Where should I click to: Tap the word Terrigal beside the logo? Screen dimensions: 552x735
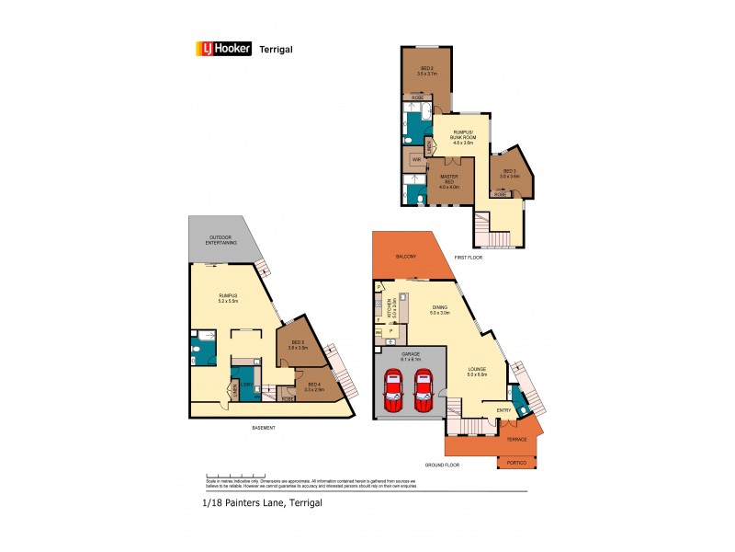tap(277, 50)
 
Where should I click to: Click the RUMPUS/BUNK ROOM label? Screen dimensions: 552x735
tap(461, 138)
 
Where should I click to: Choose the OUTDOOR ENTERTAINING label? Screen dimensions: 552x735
tap(220, 241)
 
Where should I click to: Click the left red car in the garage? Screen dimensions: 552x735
tap(393, 390)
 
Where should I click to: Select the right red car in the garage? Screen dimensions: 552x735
tap(424, 390)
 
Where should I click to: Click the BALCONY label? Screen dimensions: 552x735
tap(406, 257)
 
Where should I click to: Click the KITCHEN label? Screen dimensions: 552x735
tap(391, 306)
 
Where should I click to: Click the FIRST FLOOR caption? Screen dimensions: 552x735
tap(469, 259)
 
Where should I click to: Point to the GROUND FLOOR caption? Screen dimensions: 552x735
tap(443, 466)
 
